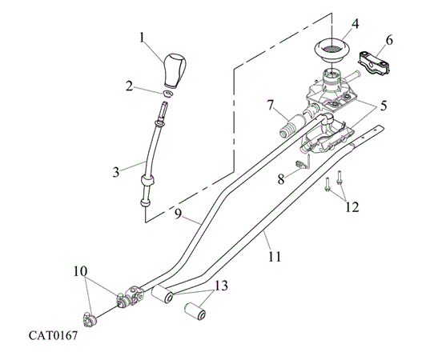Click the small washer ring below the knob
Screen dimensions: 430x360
pyautogui.click(x=167, y=93)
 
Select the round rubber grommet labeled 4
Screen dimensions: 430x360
pyautogui.click(x=332, y=52)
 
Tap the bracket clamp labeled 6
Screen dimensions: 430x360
pyautogui.click(x=374, y=62)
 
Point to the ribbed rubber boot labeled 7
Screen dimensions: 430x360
pyautogui.click(x=291, y=125)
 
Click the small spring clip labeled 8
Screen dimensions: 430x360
pyautogui.click(x=303, y=162)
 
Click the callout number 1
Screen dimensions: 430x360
pyautogui.click(x=142, y=38)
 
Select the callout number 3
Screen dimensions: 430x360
pyautogui.click(x=116, y=172)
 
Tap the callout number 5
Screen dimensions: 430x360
pyautogui.click(x=383, y=106)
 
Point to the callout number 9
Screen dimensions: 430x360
pyautogui.click(x=178, y=214)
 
